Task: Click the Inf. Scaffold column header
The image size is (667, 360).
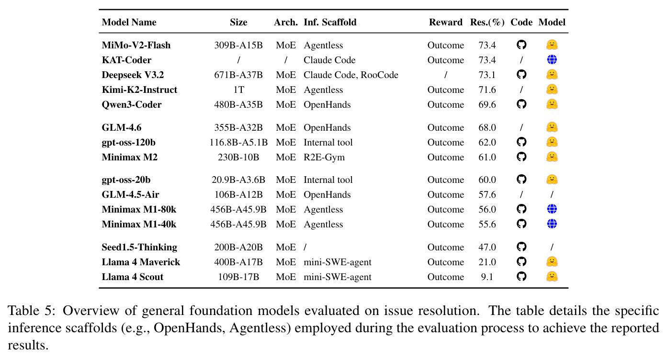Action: (330, 22)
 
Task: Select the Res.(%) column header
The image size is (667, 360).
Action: (487, 22)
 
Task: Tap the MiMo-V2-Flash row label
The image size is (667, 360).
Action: (136, 45)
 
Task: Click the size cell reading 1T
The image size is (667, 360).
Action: (238, 90)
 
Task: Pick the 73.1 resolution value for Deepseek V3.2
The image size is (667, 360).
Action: (487, 75)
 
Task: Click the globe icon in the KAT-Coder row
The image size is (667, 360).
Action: (552, 59)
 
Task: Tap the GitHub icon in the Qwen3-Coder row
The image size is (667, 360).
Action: (521, 104)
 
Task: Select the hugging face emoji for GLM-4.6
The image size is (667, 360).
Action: (552, 127)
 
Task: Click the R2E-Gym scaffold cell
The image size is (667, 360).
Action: (324, 157)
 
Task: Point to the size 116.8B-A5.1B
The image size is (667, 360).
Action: (238, 142)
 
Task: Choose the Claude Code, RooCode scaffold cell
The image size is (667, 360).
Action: (351, 75)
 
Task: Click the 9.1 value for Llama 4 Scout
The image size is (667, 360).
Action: (487, 277)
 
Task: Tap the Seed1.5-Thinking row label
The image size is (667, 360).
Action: (139, 247)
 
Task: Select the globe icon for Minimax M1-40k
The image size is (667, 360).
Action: (552, 224)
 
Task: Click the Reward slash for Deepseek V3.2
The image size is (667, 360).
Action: (445, 75)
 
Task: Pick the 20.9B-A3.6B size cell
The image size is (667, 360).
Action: (238, 180)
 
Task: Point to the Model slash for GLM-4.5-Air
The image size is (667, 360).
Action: (552, 194)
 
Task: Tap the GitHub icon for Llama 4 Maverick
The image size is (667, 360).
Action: (521, 261)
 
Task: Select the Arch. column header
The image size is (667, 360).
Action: (286, 22)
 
